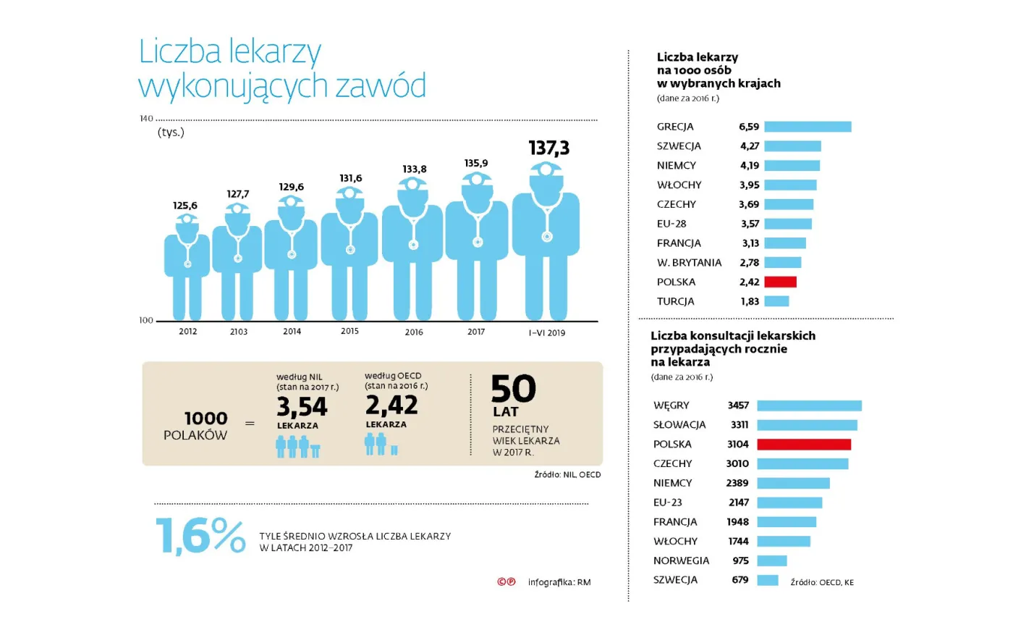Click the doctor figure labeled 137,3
tap(546, 239)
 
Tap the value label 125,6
tap(185, 206)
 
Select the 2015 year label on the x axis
tap(349, 331)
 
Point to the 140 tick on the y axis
tap(146, 118)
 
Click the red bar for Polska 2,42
tap(780, 282)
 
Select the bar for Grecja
tap(808, 127)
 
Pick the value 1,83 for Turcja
tap(750, 301)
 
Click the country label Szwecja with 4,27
tap(679, 146)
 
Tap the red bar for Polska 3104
tap(803, 444)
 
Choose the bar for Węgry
tap(809, 406)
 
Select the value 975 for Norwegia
tap(740, 560)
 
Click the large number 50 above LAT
tap(513, 389)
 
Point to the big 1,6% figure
tap(200, 536)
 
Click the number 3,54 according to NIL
tap(302, 407)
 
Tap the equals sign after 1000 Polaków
tap(250, 424)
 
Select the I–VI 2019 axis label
tap(546, 333)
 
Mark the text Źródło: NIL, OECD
tap(567, 474)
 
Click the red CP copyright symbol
tap(506, 581)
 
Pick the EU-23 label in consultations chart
tap(667, 503)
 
